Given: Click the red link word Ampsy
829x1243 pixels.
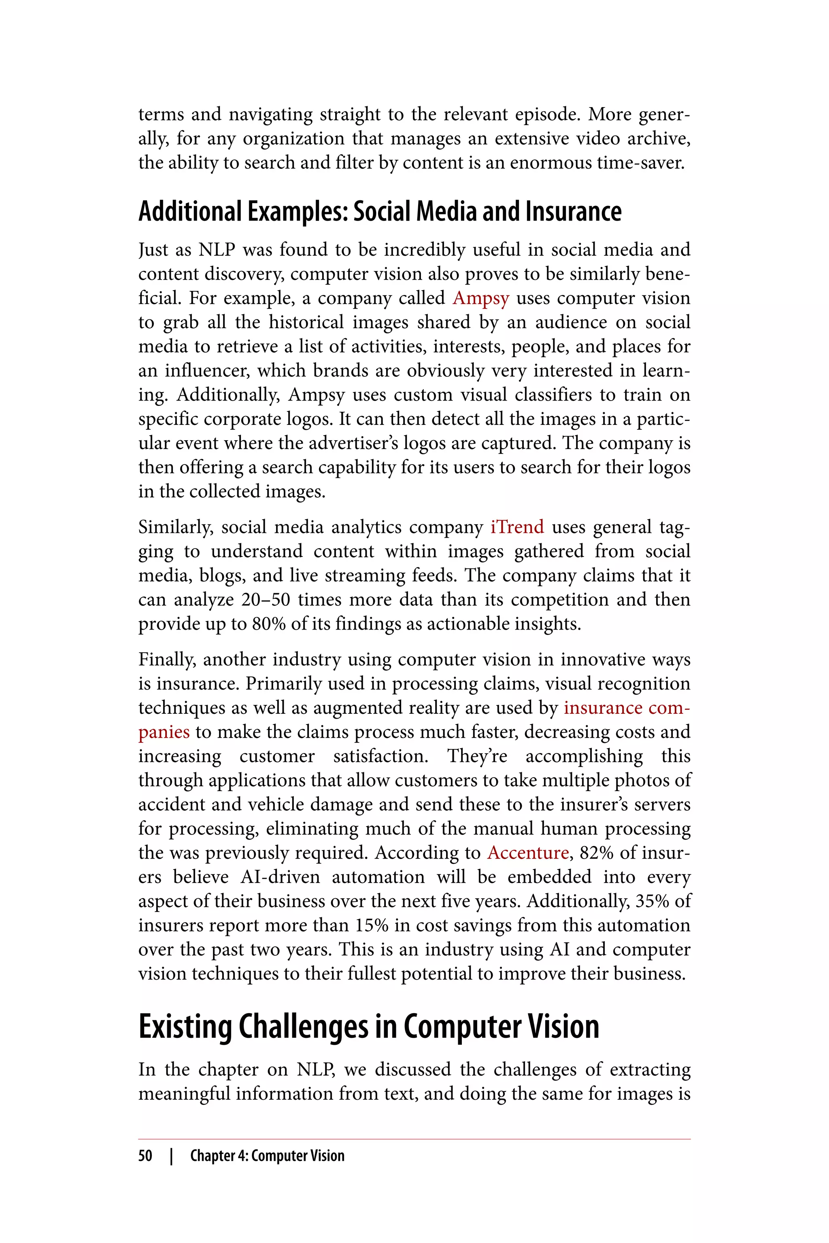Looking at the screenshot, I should point(480,298).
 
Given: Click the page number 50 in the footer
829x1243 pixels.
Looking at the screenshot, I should point(145,1156).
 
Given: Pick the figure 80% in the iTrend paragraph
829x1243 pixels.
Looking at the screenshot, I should point(269,624).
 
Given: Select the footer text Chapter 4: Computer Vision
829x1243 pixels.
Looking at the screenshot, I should point(267,1156).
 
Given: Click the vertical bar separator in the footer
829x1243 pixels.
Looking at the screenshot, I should point(171,1156).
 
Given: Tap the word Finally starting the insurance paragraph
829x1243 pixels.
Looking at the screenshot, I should point(167,660).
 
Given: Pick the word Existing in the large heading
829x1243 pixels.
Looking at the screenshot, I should point(185,1027).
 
